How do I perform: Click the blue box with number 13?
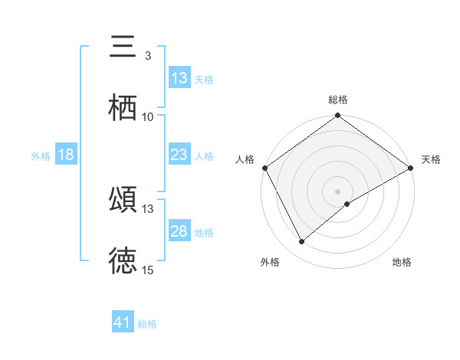point(179,78)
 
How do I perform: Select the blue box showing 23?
point(179,155)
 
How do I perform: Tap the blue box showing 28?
point(179,231)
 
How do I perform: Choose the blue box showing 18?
point(66,155)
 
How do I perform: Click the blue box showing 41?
point(123,322)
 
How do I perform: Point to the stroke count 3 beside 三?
point(148,56)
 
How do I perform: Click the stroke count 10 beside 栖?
point(148,117)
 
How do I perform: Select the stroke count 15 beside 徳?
point(148,270)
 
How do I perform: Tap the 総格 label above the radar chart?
point(338,100)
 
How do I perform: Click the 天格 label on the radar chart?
point(431,159)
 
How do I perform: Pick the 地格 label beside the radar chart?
point(402,263)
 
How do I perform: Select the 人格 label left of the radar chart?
point(245,159)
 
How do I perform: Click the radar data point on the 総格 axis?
point(338,116)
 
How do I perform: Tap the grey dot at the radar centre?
point(338,191)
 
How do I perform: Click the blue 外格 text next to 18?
point(41,155)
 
